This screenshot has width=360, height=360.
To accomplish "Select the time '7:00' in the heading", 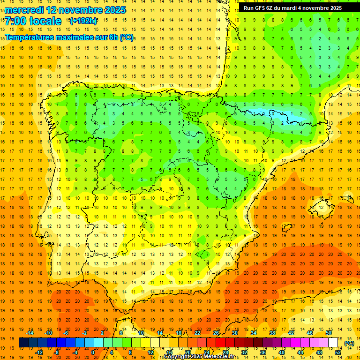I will (x=15, y=22).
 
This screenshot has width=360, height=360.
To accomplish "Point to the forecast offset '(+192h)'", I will (x=83, y=21).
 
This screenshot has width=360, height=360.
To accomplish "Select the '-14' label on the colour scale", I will (x=30, y=333).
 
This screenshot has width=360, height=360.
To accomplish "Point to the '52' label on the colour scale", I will (x=337, y=352).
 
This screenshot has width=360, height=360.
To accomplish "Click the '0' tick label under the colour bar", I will (x=93, y=352).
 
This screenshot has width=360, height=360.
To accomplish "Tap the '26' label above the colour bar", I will (x=216, y=333).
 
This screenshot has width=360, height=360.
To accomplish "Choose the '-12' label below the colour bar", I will (x=39, y=352).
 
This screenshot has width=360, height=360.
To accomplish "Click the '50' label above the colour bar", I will (x=328, y=333).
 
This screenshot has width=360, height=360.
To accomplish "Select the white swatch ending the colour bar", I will (x=333, y=343).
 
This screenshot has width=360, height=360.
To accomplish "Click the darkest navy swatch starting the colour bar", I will (x=23, y=343).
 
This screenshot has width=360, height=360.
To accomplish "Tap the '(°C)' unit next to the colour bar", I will (x=349, y=343).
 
